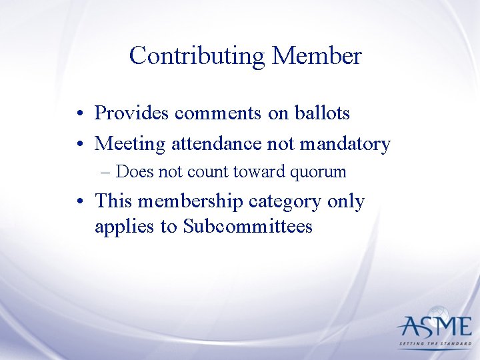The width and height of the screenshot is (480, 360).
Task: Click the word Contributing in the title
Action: [x=197, y=56]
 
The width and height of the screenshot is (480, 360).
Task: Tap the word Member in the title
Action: [x=317, y=55]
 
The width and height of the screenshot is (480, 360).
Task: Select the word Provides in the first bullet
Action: [x=132, y=113]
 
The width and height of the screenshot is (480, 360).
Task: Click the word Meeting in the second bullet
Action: [x=131, y=144]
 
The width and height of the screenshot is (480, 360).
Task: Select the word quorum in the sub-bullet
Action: [x=319, y=173]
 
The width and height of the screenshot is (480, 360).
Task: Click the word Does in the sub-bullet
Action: [x=134, y=172]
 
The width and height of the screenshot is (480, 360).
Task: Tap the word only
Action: [x=346, y=201]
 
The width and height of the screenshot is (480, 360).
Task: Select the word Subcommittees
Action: [x=248, y=227]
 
